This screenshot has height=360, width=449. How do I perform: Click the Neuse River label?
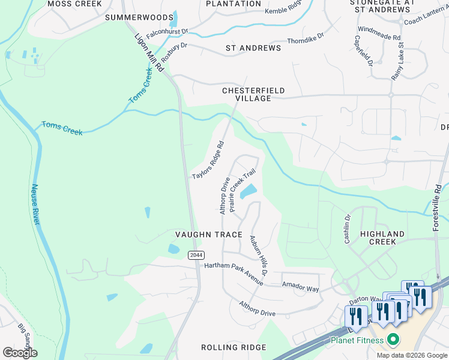(x=35, y=205)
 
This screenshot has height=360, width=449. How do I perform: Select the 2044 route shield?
(x=195, y=255)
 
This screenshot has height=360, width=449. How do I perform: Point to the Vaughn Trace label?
(x=208, y=235)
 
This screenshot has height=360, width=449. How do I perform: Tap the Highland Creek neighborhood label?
(x=382, y=238)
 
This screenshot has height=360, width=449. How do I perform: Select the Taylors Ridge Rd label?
(x=208, y=160)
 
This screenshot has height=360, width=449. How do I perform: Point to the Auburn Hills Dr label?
(x=259, y=256)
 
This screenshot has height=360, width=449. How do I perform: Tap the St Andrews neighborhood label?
(x=253, y=48)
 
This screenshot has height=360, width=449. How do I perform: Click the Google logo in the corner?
(x=20, y=353)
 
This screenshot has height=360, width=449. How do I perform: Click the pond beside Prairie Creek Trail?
(x=248, y=192)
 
